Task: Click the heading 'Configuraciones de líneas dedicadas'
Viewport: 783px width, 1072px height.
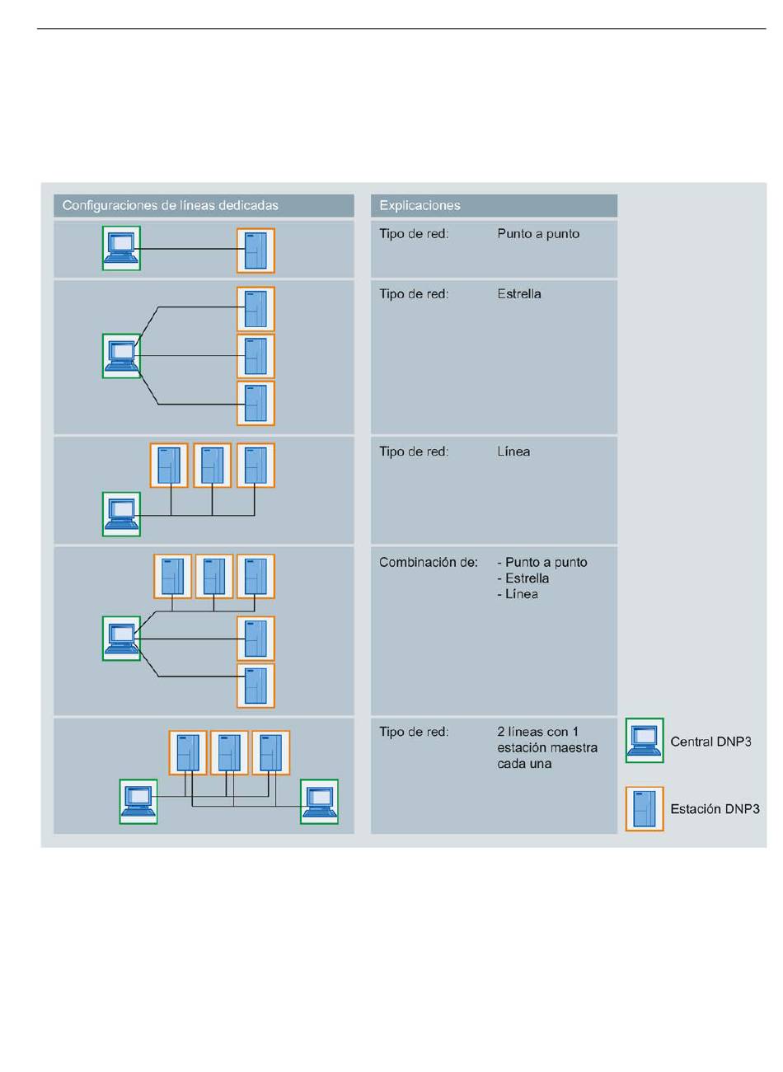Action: [170, 205]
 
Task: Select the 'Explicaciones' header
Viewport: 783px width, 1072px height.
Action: [420, 205]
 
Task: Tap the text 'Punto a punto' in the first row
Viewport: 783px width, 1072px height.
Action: [538, 234]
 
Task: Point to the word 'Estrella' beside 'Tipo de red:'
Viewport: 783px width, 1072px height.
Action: [518, 294]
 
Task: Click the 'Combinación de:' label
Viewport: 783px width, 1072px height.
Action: [428, 562]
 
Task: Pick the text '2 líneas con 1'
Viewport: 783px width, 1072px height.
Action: [537, 732]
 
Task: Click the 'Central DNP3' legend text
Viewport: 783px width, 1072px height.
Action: [710, 742]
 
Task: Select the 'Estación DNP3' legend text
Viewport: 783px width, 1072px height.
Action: [715, 809]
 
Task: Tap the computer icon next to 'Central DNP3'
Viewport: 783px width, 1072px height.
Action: [645, 741]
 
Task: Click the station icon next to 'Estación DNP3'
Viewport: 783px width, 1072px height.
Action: [645, 809]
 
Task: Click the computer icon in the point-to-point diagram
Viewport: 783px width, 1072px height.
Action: [121, 248]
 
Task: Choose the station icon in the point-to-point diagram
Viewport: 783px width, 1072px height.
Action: [256, 250]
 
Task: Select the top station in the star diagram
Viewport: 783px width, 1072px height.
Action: [256, 309]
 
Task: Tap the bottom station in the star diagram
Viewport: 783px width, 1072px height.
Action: [256, 403]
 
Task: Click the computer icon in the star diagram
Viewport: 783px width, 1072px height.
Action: [121, 356]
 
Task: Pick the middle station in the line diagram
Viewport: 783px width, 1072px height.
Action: [212, 466]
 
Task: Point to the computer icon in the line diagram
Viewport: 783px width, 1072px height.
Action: [121, 514]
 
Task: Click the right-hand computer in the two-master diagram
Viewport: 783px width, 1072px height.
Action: [319, 802]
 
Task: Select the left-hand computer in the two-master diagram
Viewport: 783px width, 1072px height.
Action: [138, 802]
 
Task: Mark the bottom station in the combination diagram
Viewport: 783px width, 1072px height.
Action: [256, 686]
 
